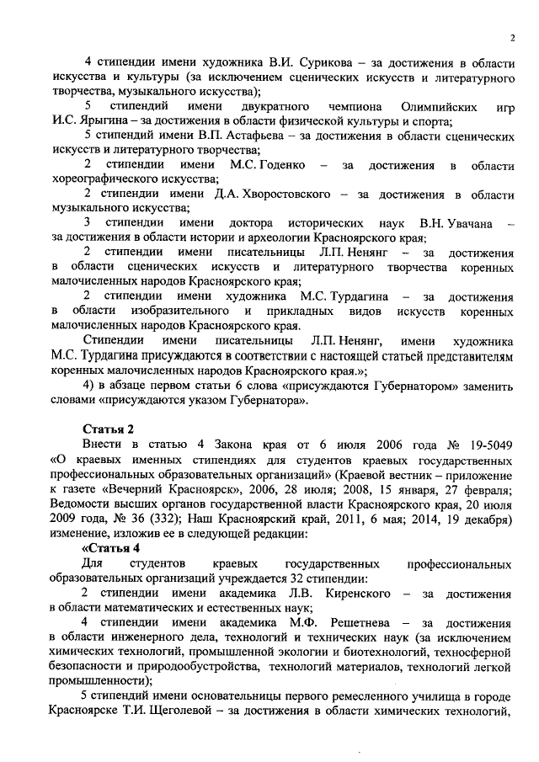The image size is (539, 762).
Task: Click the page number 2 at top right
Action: point(512,37)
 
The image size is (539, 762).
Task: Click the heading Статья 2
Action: point(107,429)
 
